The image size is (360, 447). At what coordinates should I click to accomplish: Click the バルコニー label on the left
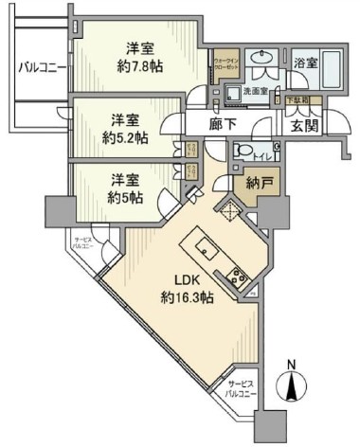pos(41,67)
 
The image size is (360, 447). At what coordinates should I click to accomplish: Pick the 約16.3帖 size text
pos(185,297)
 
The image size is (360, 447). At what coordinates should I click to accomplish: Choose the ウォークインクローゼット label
pos(225,65)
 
